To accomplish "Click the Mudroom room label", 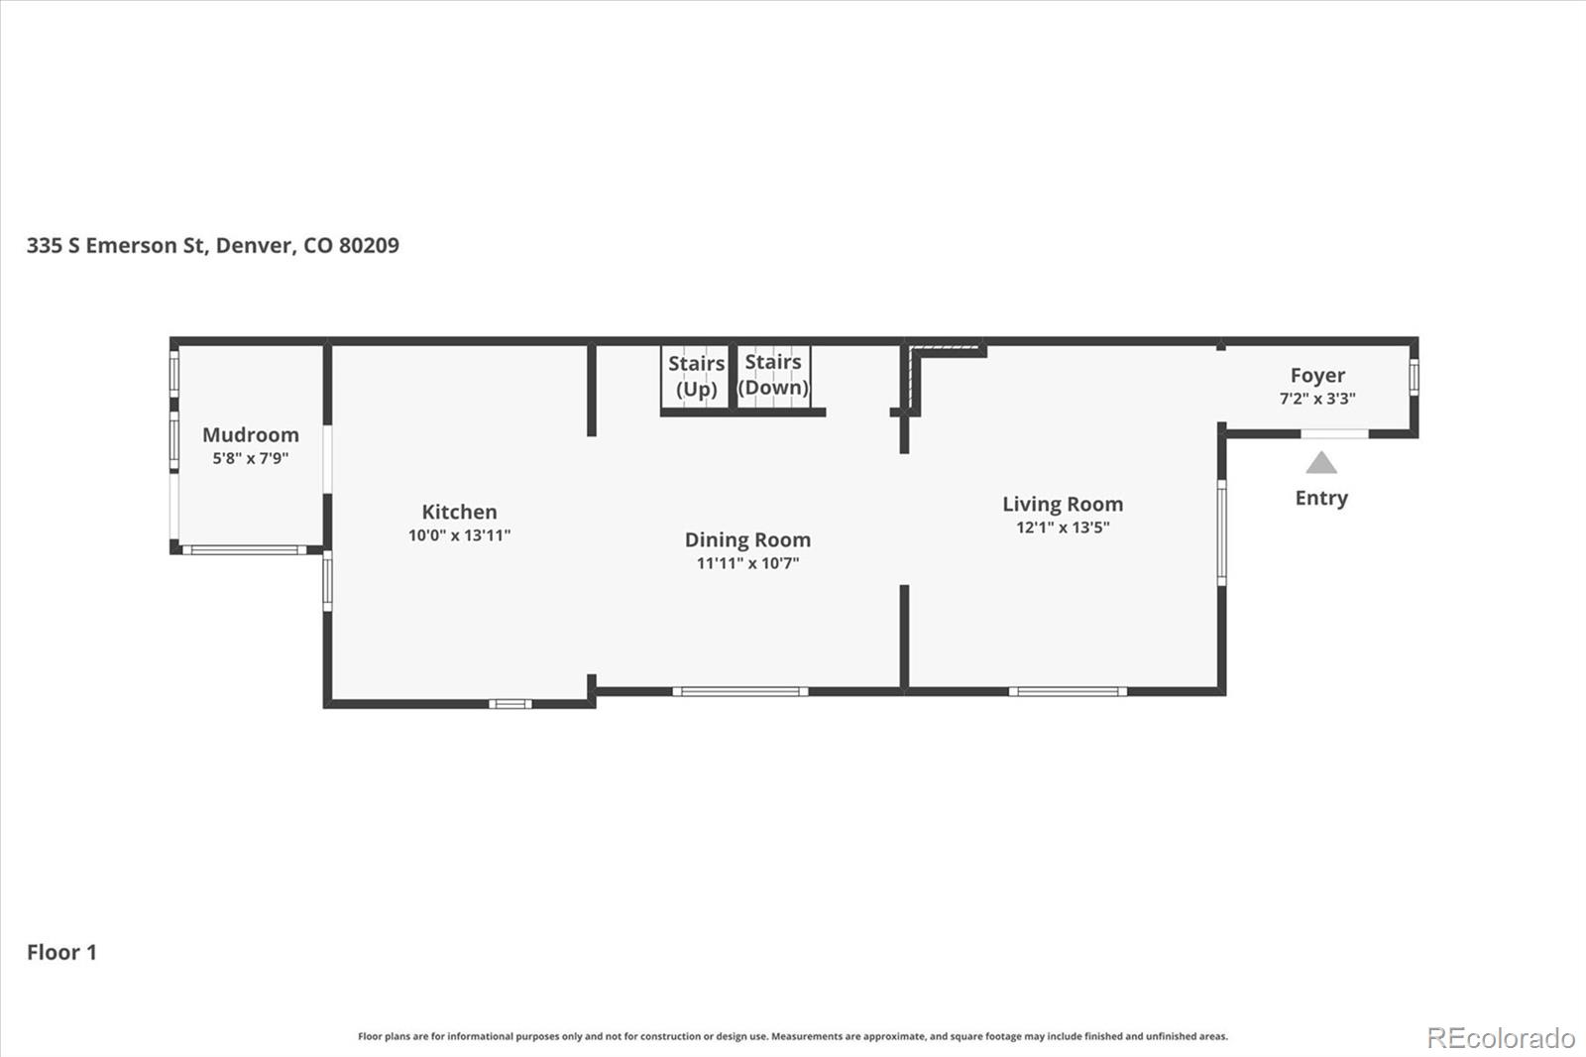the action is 251,434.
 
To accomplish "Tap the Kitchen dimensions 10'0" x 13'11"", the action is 460,534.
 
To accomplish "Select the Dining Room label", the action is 747,539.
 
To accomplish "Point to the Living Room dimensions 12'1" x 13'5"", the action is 1063,528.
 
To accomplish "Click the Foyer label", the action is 1317,376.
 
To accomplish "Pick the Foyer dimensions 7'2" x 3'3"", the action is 1317,399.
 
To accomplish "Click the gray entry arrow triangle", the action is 1321,463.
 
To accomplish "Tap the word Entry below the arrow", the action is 1321,498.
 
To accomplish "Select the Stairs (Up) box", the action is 695,377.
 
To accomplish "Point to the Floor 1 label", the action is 61,952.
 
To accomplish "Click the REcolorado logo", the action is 1501,1038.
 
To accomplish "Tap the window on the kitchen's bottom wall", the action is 510,703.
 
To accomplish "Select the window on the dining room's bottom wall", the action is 739,691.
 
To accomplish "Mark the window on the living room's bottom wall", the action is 1068,691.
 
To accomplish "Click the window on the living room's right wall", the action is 1221,532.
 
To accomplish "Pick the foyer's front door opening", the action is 1334,433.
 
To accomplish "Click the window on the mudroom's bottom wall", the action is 245,549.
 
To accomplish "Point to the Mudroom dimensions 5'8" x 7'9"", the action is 251,458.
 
